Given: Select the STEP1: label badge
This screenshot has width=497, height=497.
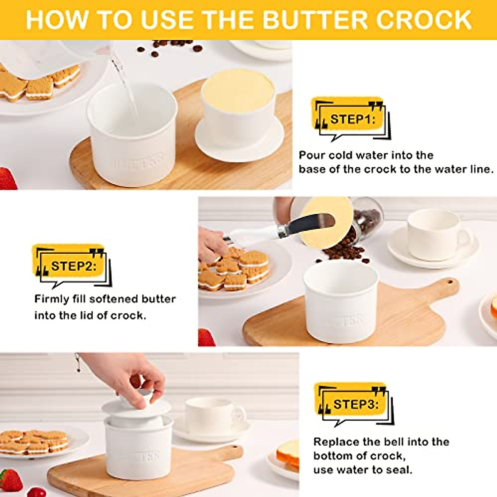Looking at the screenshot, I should [x=352, y=120].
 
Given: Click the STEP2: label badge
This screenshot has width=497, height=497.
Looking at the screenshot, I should [x=72, y=266].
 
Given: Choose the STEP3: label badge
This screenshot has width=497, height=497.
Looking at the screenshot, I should [x=355, y=404].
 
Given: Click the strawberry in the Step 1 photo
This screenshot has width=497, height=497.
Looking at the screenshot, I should [x=7, y=178].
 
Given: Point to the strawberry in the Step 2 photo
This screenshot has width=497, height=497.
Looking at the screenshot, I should [x=206, y=338].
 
